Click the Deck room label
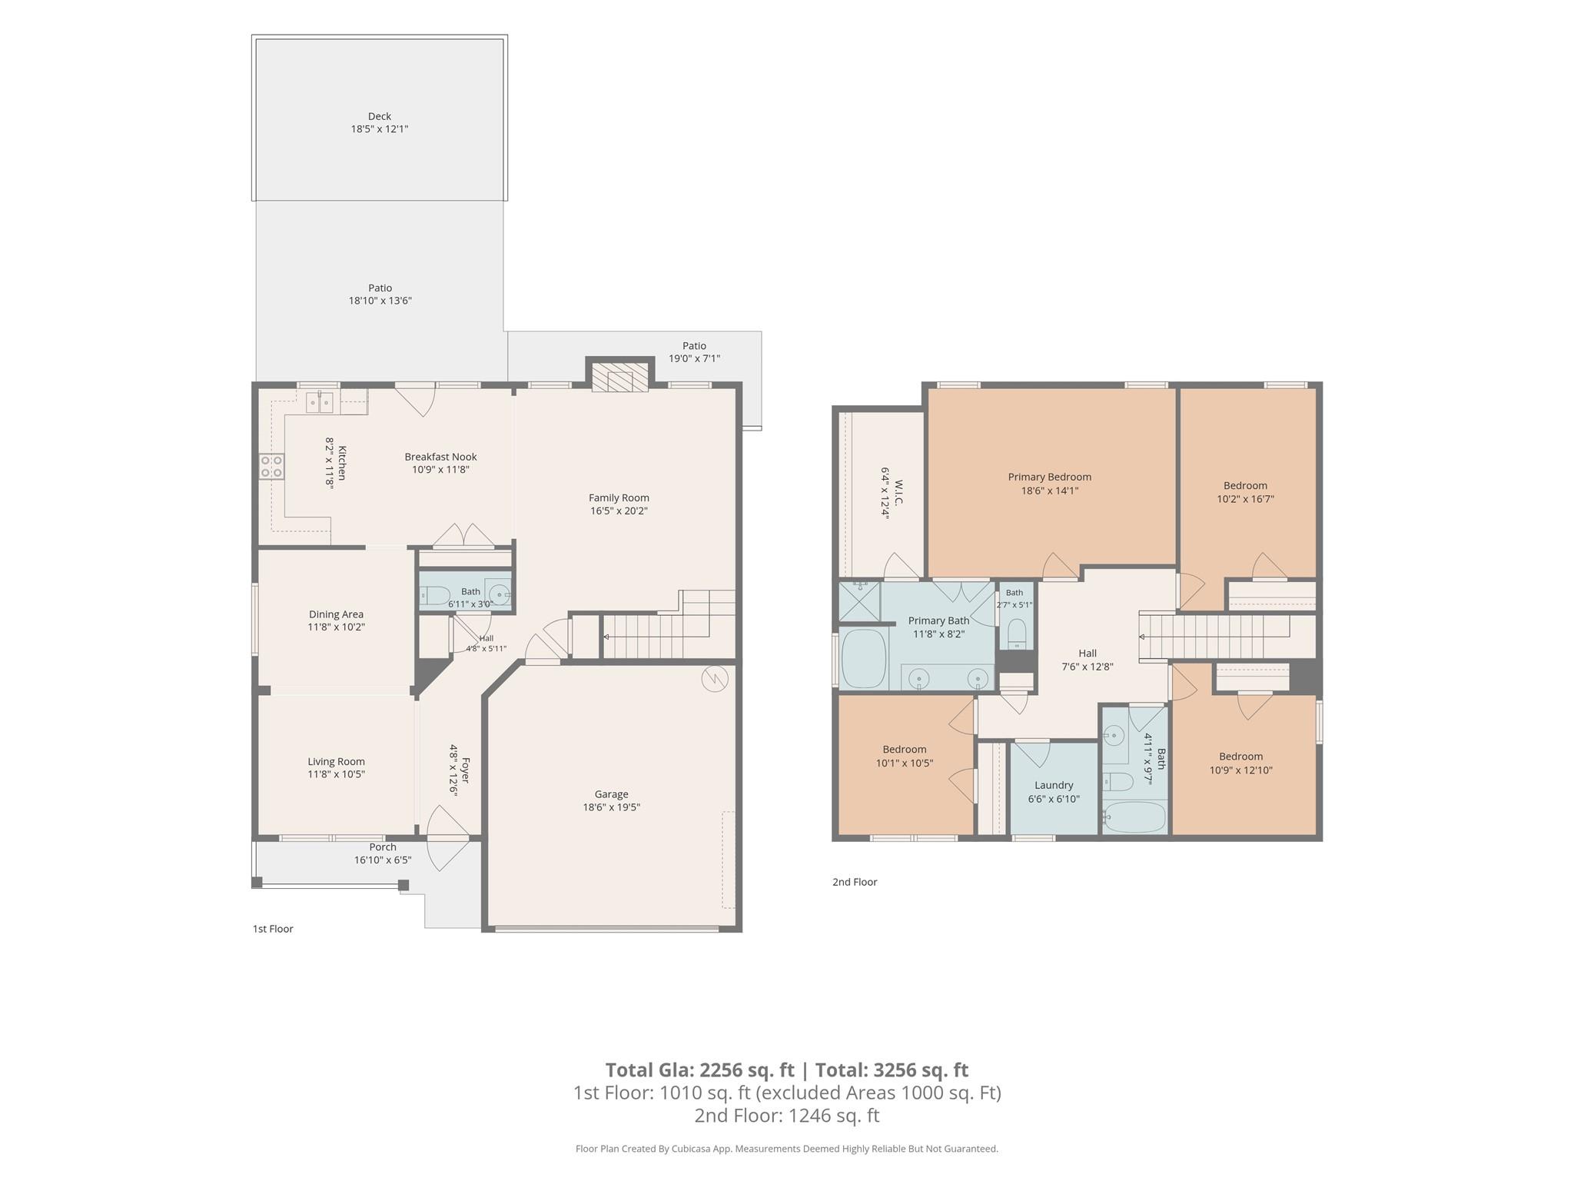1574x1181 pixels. tap(380, 117)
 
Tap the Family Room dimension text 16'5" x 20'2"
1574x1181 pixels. tap(619, 511)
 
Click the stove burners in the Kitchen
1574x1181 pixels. tap(271, 467)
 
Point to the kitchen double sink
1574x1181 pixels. tap(320, 401)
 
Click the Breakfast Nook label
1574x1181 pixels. tap(440, 457)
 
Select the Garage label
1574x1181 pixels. tap(611, 794)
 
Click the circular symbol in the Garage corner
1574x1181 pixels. tap(714, 678)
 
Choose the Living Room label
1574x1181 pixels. tap(337, 762)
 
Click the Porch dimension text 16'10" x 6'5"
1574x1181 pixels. tap(383, 860)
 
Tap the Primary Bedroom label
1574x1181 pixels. tap(1050, 477)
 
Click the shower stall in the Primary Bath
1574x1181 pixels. tap(859, 601)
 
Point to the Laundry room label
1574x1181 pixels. tap(1054, 785)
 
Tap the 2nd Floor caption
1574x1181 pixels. tap(855, 882)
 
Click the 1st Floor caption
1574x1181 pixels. tap(273, 929)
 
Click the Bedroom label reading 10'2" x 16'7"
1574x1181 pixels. tap(1245, 485)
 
